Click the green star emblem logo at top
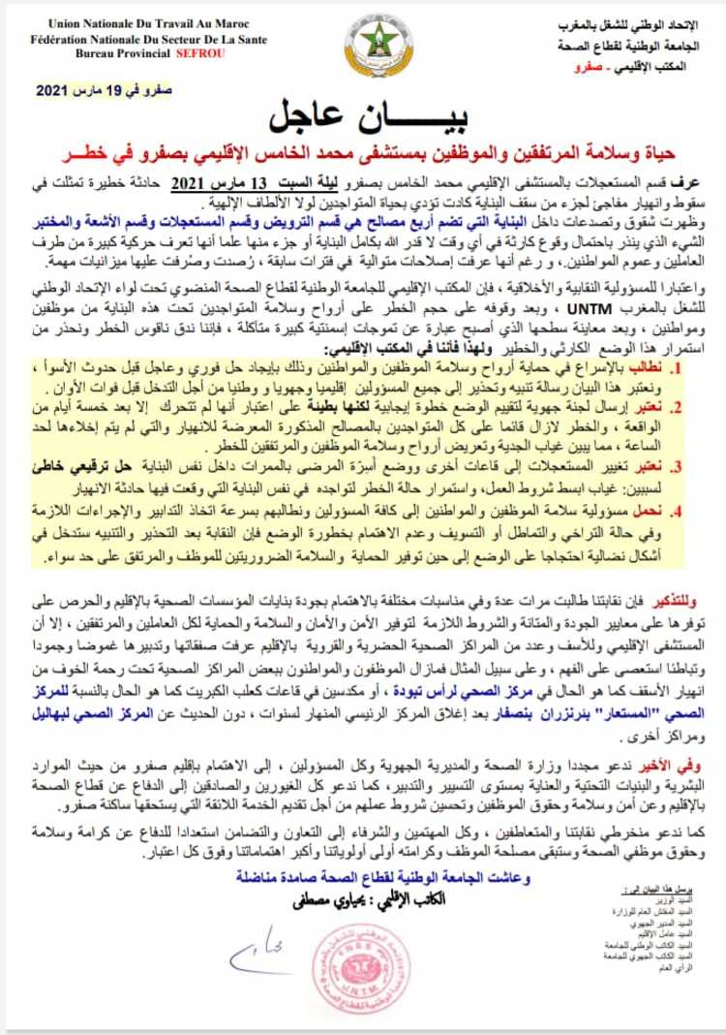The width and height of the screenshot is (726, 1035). [377, 43]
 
